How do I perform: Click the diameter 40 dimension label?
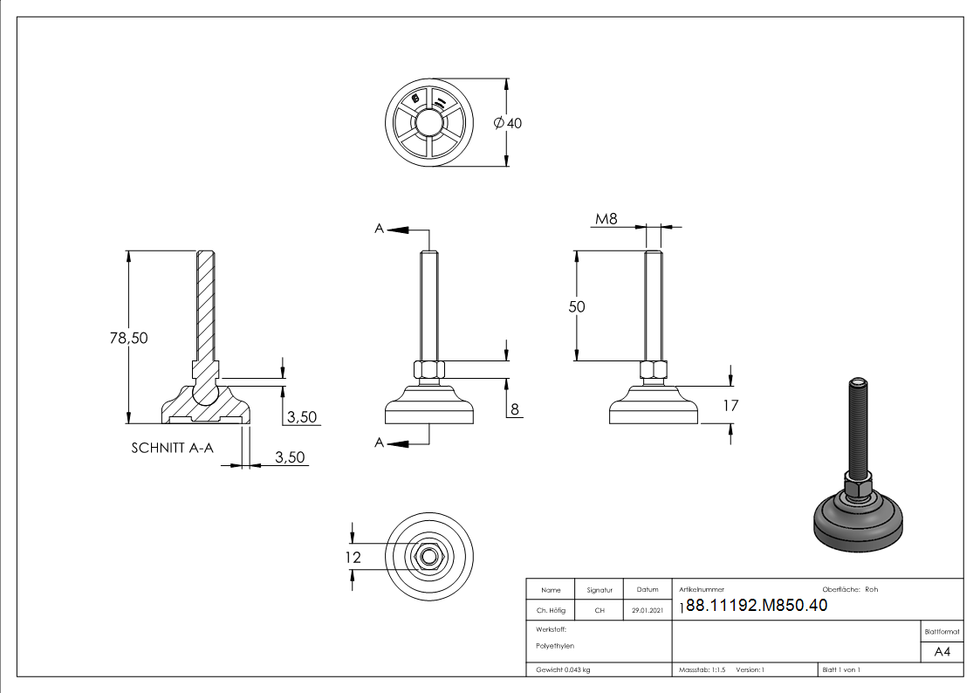pos(508,124)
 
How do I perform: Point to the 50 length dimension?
pos(576,306)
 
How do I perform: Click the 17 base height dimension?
pos(730,405)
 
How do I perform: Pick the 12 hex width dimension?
pos(353,557)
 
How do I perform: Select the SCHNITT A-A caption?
pos(172,448)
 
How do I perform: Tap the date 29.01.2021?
pos(647,611)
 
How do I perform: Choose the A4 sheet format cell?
pos(942,653)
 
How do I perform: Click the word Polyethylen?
pos(555,646)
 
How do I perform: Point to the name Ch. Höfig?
pos(551,611)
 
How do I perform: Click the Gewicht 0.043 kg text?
pos(563,669)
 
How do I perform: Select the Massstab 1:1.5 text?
pos(702,669)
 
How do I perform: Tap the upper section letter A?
pos(379,228)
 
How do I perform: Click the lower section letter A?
pos(379,443)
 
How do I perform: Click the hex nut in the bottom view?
pos(428,555)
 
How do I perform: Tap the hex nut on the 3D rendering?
pos(857,484)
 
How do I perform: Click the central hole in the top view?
pos(428,123)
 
